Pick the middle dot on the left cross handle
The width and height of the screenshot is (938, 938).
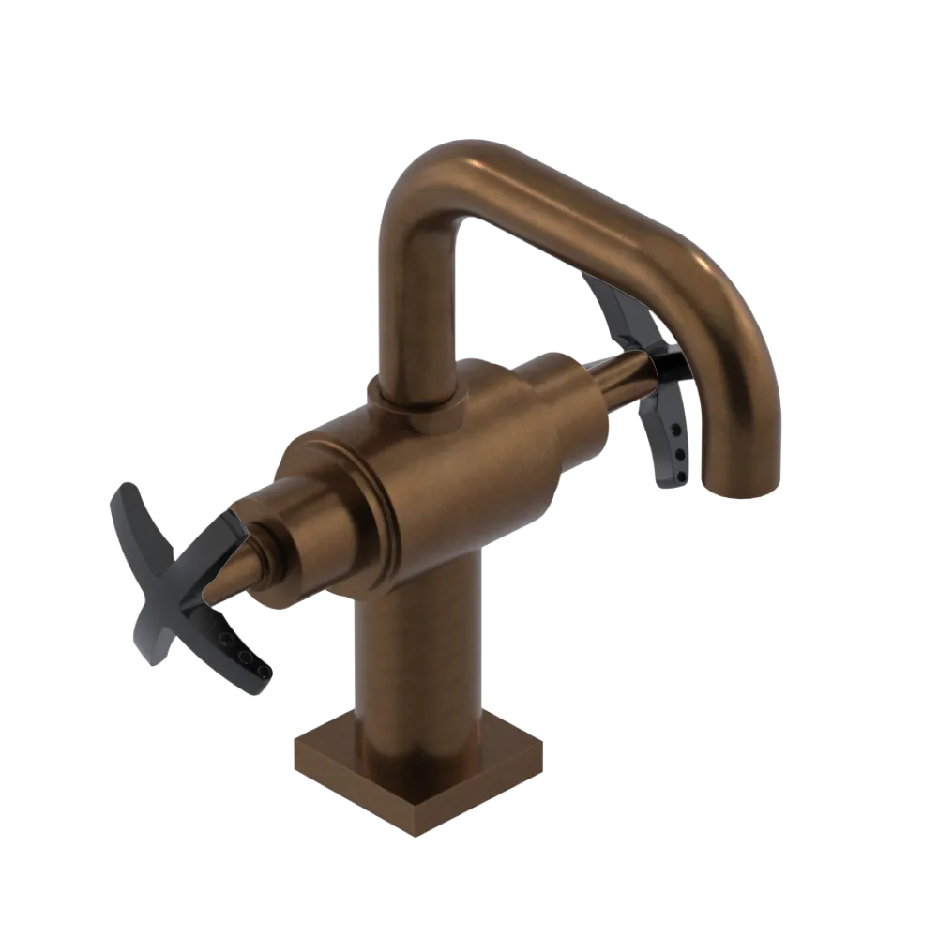243,654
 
